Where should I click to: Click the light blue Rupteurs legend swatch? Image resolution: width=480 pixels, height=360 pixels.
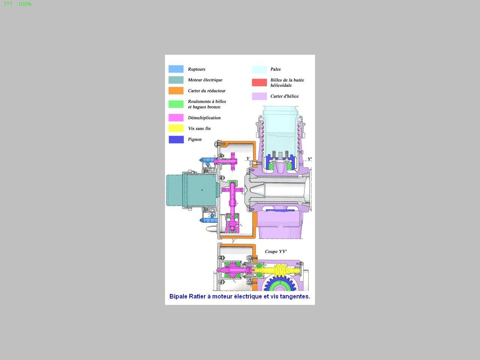[x=176, y=69]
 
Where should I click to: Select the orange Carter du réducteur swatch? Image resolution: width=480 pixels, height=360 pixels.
[x=176, y=91]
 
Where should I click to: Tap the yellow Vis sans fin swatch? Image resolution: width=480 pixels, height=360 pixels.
[x=176, y=128]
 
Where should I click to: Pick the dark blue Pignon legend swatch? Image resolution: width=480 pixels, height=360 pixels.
[x=176, y=139]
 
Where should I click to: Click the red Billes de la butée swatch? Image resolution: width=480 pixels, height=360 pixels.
[x=259, y=82]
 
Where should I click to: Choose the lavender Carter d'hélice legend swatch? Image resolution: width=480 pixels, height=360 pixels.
[x=259, y=96]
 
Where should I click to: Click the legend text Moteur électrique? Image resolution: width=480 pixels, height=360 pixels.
[x=205, y=80]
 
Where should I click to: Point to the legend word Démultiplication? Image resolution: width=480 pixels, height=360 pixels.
[x=204, y=118]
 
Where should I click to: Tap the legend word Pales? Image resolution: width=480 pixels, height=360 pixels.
[x=276, y=69]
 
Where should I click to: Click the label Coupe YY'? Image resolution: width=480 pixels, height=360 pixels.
[x=276, y=252]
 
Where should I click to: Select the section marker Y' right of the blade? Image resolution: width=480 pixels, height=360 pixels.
[x=310, y=159]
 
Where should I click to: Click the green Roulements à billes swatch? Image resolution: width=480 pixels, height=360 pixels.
[x=176, y=104]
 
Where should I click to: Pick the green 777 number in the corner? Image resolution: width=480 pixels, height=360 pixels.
[x=8, y=4]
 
